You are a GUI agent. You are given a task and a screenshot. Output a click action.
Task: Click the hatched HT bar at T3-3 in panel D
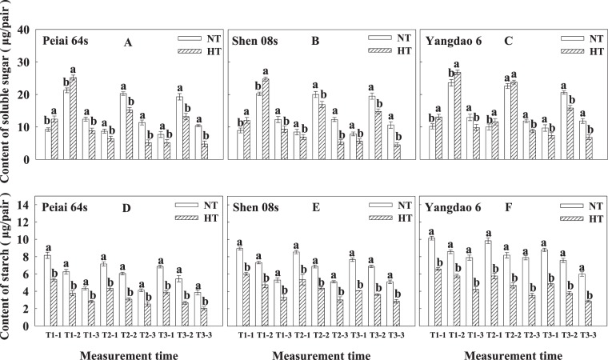(x=204, y=314)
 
